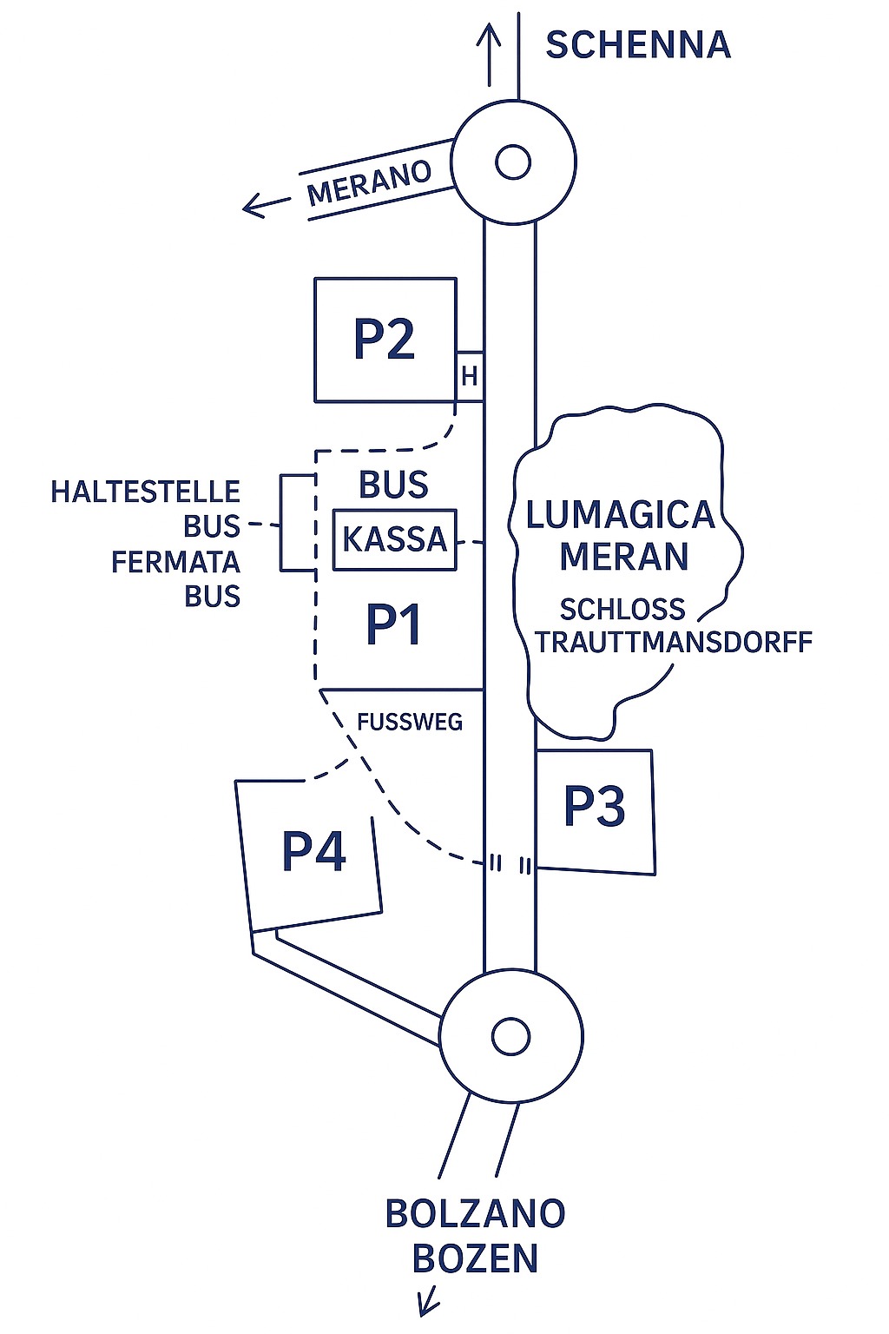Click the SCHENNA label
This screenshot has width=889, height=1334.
638,45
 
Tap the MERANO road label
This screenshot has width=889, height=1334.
369,183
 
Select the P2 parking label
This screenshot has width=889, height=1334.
385,339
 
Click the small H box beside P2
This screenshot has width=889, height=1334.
470,376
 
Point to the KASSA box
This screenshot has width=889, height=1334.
395,539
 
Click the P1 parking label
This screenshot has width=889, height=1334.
394,624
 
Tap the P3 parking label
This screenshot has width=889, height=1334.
595,806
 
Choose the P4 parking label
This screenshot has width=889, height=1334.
314,851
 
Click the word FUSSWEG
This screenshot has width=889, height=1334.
410,722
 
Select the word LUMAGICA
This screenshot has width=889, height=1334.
621,515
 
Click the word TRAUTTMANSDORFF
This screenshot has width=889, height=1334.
674,643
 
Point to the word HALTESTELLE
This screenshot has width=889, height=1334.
145,492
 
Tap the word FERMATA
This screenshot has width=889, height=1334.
175,562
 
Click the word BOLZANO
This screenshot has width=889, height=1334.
476,1213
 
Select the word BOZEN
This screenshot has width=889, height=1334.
476,1258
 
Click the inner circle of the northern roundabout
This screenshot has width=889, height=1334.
513,162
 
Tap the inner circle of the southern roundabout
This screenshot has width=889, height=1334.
510,1035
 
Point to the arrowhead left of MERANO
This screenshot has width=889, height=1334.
252,207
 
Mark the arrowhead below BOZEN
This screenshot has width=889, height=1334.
427,1304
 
